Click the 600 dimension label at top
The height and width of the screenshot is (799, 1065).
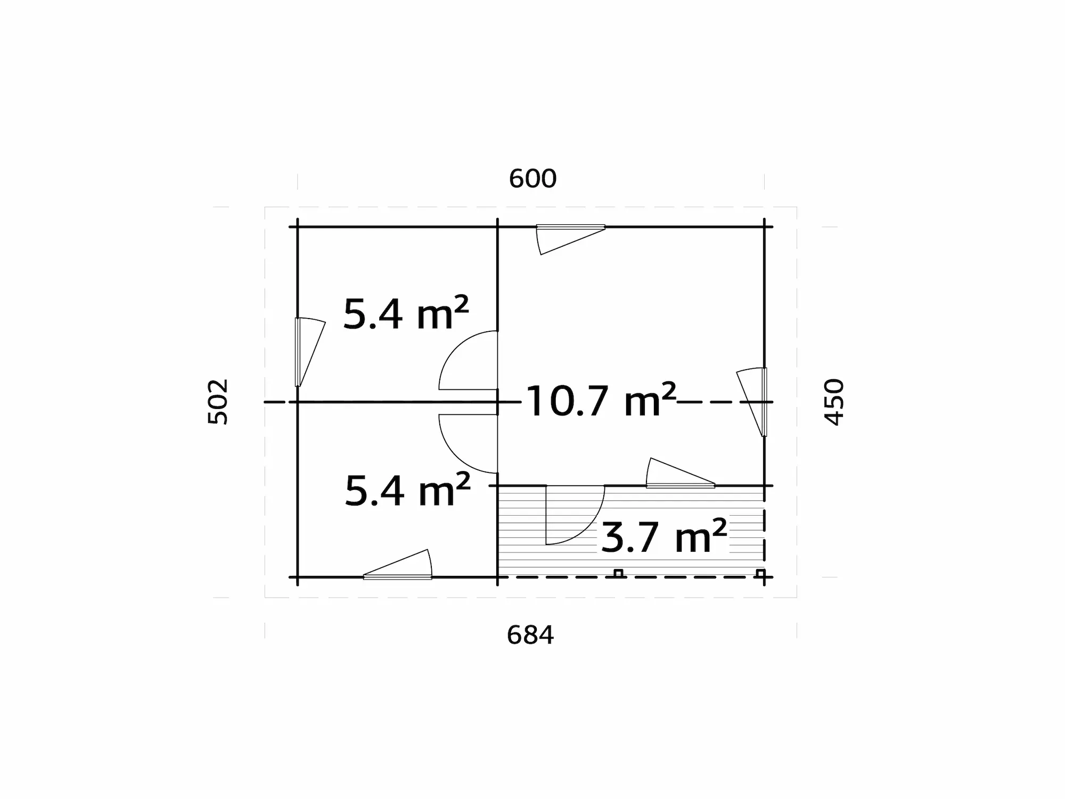point(532,179)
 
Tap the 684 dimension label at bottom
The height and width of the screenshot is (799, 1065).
point(530,635)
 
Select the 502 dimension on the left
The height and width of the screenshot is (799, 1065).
point(218,402)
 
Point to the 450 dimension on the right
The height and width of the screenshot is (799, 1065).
point(834,402)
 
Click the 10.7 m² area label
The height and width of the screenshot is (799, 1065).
point(601,401)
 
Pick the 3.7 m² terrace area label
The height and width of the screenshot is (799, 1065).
point(663,536)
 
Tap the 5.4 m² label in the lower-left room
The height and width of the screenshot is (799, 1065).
point(407,490)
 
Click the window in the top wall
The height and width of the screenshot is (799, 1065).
point(570,234)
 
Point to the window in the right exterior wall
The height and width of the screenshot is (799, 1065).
point(756,402)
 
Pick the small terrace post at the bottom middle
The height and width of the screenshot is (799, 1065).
point(618,573)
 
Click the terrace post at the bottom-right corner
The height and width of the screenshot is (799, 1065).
point(761,574)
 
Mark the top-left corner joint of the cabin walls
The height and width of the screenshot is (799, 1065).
point(298,227)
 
